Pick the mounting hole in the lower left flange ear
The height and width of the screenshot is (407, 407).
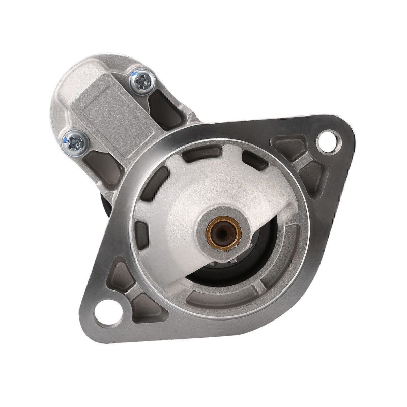pyautogui.click(x=107, y=308)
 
